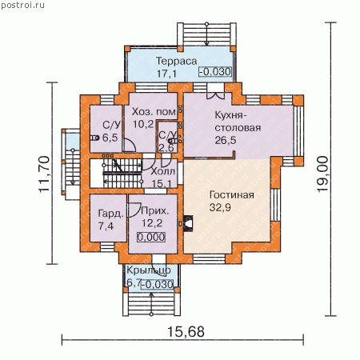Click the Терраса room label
click(x=176, y=62)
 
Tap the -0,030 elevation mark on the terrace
click(x=215, y=72)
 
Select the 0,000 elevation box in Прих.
click(x=151, y=237)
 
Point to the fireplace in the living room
click(x=188, y=223)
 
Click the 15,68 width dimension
click(x=186, y=332)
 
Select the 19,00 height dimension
click(x=322, y=174)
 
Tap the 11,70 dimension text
click(x=44, y=174)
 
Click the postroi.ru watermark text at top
click(x=22, y=5)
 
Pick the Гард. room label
click(x=111, y=214)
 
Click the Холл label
click(x=163, y=172)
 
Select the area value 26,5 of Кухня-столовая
click(x=226, y=140)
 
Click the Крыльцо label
click(x=149, y=270)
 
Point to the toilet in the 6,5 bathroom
click(x=94, y=138)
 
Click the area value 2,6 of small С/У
click(x=166, y=148)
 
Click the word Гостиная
click(x=232, y=195)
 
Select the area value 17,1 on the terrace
click(x=166, y=74)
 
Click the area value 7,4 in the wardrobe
click(x=106, y=226)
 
